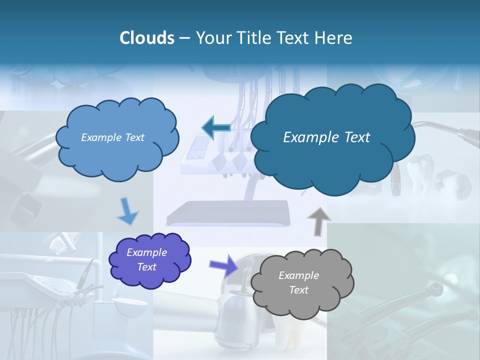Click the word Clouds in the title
click(x=146, y=38)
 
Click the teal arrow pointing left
click(x=215, y=127)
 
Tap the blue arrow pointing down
click(x=127, y=211)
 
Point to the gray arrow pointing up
click(x=318, y=221)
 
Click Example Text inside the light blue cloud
click(x=112, y=137)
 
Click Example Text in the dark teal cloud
click(x=326, y=137)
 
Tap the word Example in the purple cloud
click(x=146, y=252)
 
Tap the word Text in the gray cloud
click(x=298, y=290)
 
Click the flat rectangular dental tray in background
click(x=228, y=212)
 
